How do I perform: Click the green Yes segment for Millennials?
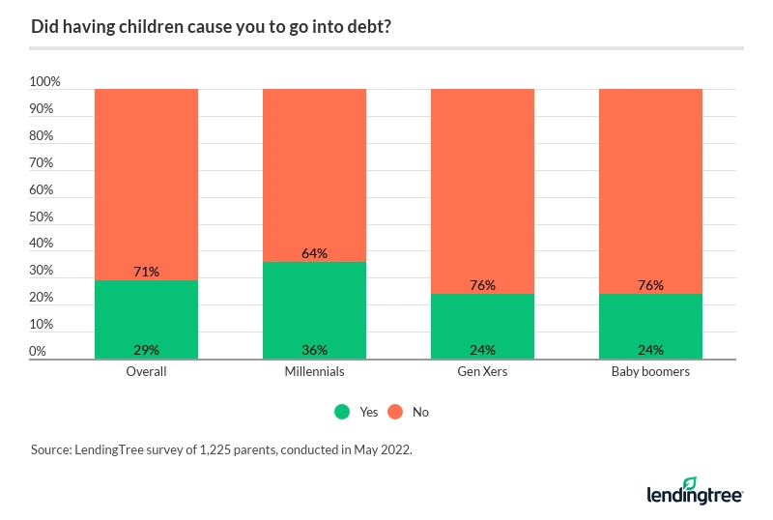(314, 309)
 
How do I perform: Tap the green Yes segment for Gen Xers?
(482, 324)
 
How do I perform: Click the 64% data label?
(315, 253)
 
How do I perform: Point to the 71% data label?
(147, 273)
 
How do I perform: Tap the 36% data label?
(315, 350)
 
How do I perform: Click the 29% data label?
(147, 350)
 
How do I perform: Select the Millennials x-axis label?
(314, 372)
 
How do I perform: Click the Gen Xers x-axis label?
(482, 372)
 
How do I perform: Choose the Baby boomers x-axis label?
(650, 372)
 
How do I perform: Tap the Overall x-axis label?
(147, 372)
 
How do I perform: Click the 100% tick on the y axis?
(43, 82)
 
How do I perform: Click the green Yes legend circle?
(342, 412)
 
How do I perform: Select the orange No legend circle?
(395, 412)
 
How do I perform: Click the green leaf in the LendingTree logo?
(689, 483)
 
